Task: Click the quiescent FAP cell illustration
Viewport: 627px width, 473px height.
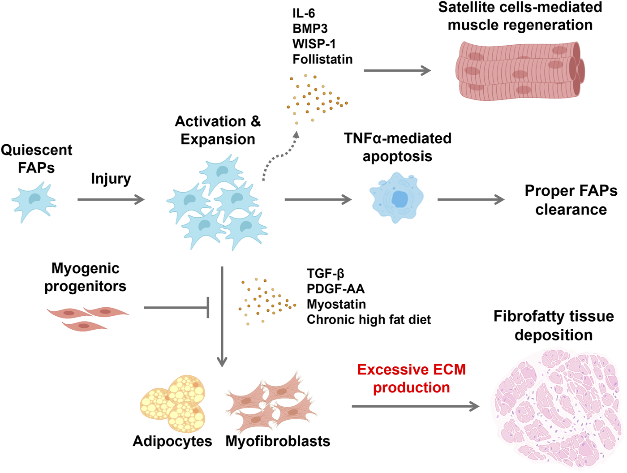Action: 34,201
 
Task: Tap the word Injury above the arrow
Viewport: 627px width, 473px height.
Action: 111,179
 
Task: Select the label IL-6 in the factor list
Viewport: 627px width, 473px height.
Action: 304,13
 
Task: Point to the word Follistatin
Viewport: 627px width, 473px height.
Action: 322,59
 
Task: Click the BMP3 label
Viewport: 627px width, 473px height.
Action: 310,29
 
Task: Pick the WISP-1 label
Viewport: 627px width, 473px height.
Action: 314,44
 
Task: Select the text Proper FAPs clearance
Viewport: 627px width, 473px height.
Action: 571,200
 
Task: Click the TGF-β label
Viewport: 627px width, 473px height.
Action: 326,273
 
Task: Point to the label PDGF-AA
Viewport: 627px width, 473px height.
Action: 335,289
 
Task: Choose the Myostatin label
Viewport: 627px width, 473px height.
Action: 336,304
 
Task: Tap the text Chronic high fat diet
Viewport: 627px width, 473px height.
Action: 369,320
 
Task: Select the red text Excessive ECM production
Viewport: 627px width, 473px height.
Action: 411,378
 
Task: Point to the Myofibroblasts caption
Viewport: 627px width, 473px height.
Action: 278,441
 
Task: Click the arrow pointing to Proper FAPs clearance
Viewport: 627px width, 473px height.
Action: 470,199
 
